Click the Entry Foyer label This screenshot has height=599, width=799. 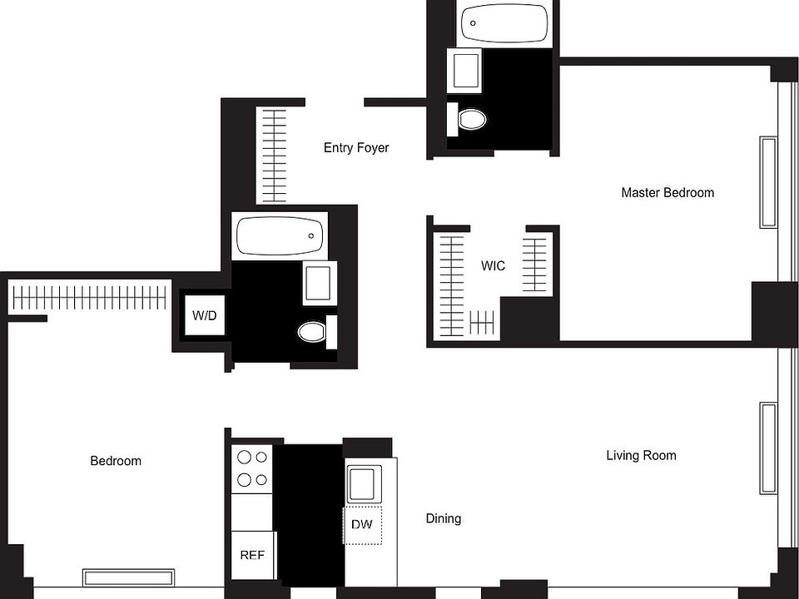pyautogui.click(x=356, y=148)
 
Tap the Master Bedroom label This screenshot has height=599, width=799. pyautogui.click(x=667, y=192)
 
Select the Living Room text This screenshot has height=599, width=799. pyautogui.click(x=641, y=455)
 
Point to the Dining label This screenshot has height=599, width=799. pyautogui.click(x=444, y=518)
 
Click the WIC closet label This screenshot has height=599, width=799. pyautogui.click(x=494, y=266)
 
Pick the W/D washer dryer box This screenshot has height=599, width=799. pyautogui.click(x=204, y=315)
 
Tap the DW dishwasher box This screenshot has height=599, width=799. pyautogui.click(x=362, y=524)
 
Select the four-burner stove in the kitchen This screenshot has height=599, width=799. pyautogui.click(x=252, y=468)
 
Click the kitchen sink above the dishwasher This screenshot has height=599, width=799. pyautogui.click(x=364, y=483)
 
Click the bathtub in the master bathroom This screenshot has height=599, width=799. pyautogui.click(x=504, y=23)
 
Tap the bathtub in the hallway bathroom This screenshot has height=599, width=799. pyautogui.click(x=280, y=235)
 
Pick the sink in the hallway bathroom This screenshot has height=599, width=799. pyautogui.click(x=320, y=283)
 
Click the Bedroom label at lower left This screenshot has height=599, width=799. pyautogui.click(x=116, y=461)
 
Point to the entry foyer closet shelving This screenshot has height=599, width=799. pyautogui.click(x=274, y=156)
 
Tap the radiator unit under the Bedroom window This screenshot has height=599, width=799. pyautogui.click(x=128, y=577)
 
